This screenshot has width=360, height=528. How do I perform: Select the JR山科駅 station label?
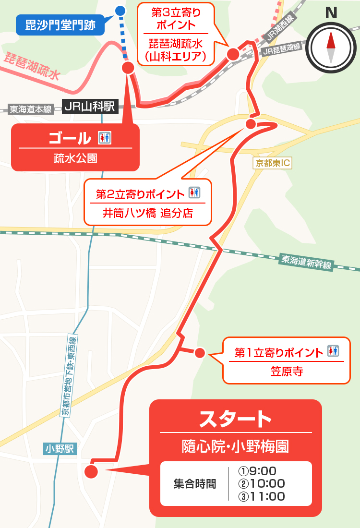[90, 107]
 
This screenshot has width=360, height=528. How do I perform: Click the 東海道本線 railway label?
[31, 109]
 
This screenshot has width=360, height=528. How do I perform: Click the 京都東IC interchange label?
[272, 163]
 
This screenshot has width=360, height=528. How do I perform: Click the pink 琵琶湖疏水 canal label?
[33, 66]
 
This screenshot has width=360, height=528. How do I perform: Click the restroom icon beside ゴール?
[104, 138]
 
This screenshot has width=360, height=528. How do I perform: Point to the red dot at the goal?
[128, 67]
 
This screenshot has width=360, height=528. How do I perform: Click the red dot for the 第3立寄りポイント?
[233, 54]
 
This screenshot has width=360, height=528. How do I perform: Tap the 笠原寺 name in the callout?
[286, 371]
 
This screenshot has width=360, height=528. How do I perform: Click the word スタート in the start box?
[235, 419]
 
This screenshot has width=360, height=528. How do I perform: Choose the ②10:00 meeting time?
[262, 483]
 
